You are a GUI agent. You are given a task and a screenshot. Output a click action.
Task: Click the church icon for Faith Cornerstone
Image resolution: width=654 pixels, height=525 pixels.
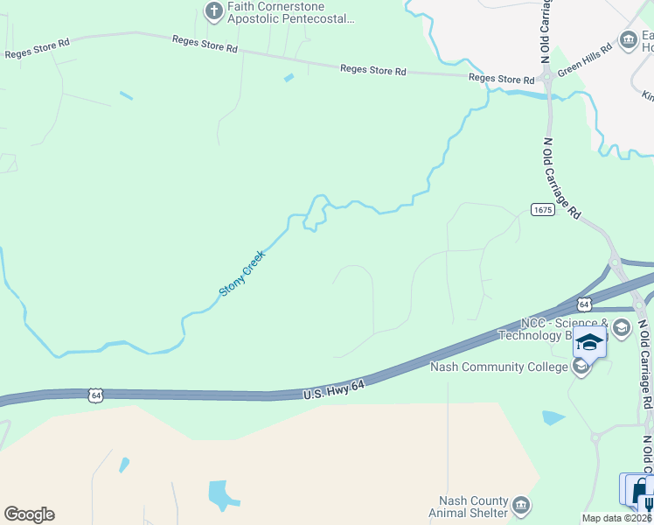click(213, 11)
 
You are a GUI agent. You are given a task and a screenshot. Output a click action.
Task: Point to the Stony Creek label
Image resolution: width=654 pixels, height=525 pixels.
click(241, 272)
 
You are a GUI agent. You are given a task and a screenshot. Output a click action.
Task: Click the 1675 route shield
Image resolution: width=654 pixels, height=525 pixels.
click(542, 209)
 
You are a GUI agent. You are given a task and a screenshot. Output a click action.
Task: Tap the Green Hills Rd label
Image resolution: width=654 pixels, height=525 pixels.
click(586, 61)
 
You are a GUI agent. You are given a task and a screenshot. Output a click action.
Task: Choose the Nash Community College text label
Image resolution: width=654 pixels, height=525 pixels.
click(499, 367)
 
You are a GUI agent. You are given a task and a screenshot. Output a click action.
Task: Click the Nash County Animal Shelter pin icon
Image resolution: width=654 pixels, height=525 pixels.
click(521, 505)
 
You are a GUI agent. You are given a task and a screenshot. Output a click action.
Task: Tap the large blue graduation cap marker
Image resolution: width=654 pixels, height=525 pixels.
click(589, 342)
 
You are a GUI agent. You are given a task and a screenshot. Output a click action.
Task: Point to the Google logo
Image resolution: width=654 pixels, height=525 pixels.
click(29, 514)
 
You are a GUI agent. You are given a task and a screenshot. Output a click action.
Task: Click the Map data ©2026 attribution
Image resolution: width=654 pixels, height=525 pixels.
click(617, 518)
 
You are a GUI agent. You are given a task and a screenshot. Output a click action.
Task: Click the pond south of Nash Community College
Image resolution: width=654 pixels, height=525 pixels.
click(553, 417)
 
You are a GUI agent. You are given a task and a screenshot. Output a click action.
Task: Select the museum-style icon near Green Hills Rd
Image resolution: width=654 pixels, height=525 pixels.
click(627, 39)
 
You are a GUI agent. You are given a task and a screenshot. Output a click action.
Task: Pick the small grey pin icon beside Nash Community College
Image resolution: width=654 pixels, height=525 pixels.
click(581, 368)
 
